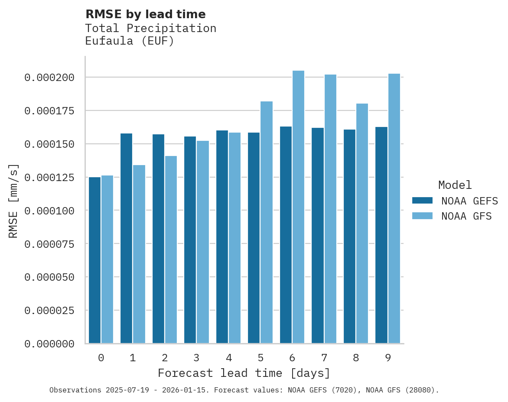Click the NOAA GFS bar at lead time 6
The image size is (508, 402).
coord(298,207)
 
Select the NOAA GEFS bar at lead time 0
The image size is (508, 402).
coord(94,260)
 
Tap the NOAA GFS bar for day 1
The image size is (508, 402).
coord(139,254)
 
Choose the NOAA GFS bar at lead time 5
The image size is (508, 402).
coord(267,222)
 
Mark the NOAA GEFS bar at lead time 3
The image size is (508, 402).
coord(190,240)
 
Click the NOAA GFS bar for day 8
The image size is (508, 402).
coord(362,224)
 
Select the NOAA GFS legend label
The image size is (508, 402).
coord(466,216)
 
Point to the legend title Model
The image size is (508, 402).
coord(455,185)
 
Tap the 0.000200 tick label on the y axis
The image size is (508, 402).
coord(49,78)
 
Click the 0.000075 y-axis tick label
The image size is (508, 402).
coord(49,244)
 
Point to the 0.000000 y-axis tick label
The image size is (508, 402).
coord(49,344)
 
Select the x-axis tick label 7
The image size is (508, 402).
coord(324,358)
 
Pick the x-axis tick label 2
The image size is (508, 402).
coord(165,358)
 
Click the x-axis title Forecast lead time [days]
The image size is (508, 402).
coord(244,373)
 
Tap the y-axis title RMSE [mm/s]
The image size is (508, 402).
coord(13,201)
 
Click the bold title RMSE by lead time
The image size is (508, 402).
coord(145,14)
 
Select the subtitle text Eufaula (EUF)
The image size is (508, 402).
coord(129,42)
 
